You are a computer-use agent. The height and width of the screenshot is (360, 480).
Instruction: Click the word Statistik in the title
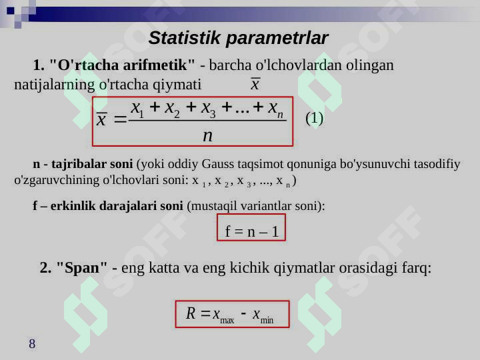184,38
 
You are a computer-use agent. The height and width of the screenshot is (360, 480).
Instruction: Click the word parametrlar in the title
277,39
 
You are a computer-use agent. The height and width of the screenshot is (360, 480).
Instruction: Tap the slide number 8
32,343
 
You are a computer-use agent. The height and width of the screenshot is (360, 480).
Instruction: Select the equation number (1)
315,118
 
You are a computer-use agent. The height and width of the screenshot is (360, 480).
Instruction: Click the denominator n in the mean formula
207,135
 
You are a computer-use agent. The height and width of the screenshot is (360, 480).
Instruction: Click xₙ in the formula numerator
276,109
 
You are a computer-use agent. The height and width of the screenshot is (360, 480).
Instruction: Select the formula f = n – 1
251,231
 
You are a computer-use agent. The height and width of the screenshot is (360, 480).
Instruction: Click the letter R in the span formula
191,313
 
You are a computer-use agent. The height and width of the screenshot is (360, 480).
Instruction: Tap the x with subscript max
223,315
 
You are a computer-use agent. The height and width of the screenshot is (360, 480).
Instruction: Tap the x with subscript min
263,315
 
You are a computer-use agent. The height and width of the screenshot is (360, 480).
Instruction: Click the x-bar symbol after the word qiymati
255,83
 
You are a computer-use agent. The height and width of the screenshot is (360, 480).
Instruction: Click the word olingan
370,65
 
